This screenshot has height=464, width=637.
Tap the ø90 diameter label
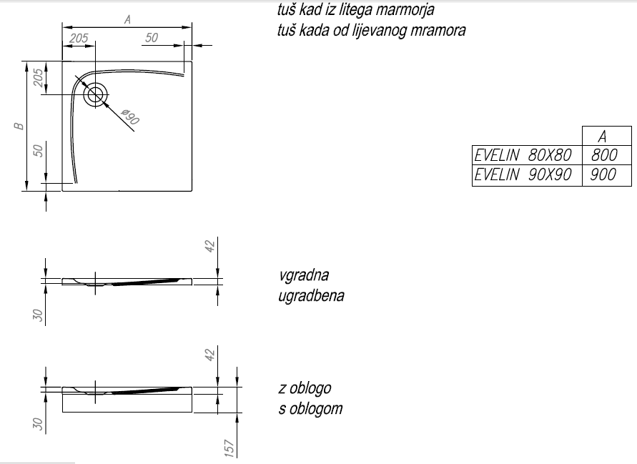point(129,117)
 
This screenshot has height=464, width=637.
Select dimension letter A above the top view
point(127,20)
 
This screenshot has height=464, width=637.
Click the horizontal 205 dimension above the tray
point(79,38)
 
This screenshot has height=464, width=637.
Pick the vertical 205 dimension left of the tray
point(38,78)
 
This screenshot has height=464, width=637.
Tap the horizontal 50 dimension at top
point(151,38)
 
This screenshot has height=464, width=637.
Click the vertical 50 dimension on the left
point(38,150)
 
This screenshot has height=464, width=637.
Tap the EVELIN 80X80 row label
point(524,154)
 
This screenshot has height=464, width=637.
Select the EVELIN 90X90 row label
point(524,174)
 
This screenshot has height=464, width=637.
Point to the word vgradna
point(304,276)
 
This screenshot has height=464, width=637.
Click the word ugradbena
point(311,295)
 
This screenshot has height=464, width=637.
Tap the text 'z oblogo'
point(305,388)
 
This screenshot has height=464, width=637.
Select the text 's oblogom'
point(310,408)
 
